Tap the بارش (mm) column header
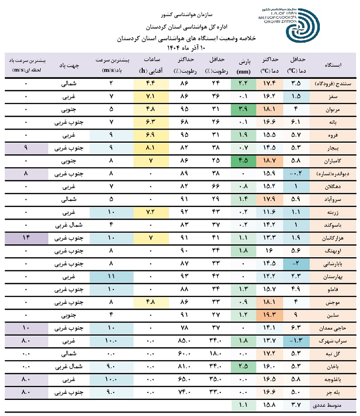[244, 64]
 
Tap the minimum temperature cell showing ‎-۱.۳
[296, 340]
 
